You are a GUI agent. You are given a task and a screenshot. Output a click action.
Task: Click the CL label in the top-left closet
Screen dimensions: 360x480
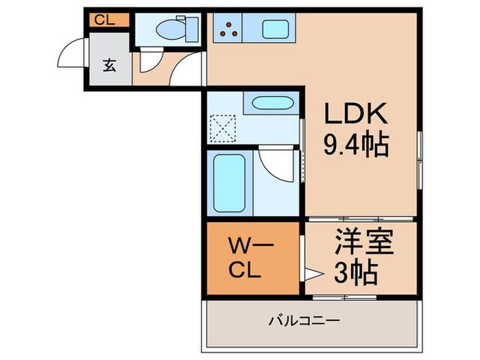pyautogui.click(x=104, y=19)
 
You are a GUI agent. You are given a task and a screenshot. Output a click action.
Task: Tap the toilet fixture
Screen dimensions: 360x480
pyautogui.click(x=167, y=29)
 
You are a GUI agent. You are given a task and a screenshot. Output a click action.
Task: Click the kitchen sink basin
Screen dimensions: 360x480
pyautogui.click(x=276, y=29)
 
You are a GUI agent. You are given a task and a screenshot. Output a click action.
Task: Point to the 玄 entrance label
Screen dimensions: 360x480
pyautogui.click(x=108, y=66)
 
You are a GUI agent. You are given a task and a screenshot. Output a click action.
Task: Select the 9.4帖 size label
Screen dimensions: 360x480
pyautogui.click(x=356, y=144)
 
